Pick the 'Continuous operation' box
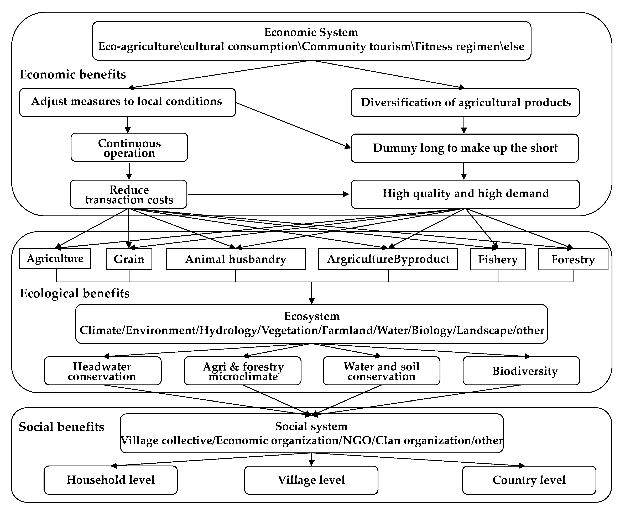129,147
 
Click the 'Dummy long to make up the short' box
465,148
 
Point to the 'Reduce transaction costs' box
129,194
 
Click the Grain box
129,259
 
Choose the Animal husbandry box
236,259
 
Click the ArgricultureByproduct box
388,259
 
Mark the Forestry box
573,259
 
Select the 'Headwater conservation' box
103,371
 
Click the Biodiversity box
521,371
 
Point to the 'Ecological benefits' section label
75,293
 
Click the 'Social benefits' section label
61,427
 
